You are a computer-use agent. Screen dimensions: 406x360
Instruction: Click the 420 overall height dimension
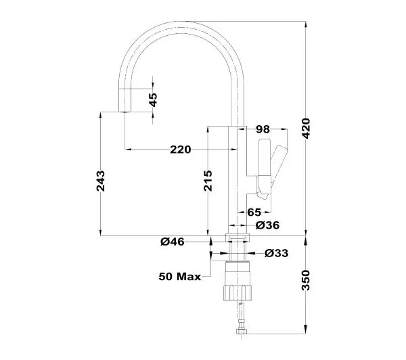point(307,129)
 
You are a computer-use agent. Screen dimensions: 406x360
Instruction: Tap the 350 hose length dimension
point(307,280)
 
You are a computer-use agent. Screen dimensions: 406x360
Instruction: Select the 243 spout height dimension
point(101,181)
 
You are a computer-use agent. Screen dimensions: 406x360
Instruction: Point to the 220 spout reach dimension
point(181,150)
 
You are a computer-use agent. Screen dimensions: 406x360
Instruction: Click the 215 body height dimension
point(208,181)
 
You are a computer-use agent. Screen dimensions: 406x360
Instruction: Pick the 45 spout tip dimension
point(153,100)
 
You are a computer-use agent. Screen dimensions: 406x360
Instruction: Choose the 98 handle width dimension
point(263,129)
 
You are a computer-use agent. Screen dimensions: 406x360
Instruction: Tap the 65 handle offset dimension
point(254,212)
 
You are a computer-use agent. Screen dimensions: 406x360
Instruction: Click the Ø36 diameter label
point(267,225)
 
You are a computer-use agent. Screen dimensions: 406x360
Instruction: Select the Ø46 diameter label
point(173,242)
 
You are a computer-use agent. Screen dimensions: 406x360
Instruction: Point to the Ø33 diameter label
point(277,253)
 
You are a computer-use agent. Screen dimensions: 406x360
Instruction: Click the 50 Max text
point(180,277)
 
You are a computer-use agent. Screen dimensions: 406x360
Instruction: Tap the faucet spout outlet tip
point(125,112)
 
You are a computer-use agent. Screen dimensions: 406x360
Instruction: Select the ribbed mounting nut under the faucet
point(238,292)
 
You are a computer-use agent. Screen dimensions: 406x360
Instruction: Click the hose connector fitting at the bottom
point(242,332)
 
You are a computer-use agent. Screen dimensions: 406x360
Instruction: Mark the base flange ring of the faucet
point(238,238)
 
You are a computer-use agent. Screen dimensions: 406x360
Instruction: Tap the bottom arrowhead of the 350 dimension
point(306,331)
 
